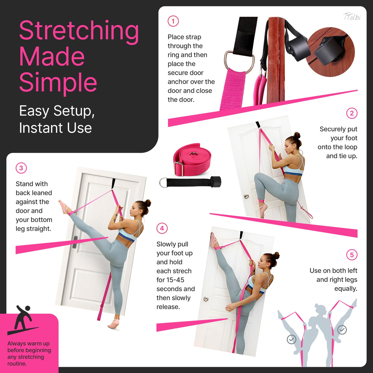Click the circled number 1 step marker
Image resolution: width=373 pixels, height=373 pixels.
(x=173, y=21)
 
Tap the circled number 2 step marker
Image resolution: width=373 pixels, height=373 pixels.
(x=352, y=113)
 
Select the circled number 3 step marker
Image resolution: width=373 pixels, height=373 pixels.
(x=21, y=168)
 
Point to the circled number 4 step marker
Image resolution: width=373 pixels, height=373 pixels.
(x=162, y=228)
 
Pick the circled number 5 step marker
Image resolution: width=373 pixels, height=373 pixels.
(x=352, y=255)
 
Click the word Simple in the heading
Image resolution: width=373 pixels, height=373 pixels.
(x=58, y=82)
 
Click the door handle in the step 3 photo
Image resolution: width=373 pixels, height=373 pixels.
(x=75, y=242)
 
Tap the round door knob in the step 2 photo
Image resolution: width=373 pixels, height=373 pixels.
(x=247, y=196)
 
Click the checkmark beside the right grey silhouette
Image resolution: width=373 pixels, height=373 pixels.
(x=342, y=330)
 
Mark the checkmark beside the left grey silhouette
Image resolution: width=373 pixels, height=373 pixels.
(x=291, y=339)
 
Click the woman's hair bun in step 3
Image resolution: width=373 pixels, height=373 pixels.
(x=148, y=203)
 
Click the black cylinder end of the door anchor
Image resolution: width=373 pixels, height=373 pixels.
(x=216, y=182)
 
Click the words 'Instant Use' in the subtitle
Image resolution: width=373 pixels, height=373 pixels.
(x=55, y=128)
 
